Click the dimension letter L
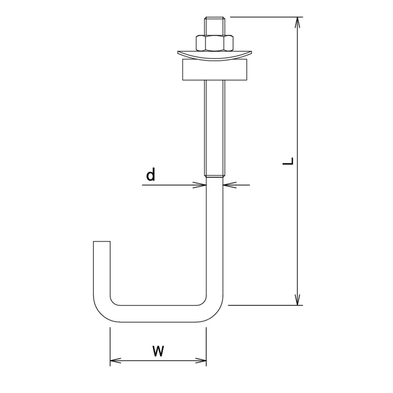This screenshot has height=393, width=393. (x=288, y=161)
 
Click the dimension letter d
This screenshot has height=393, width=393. (x=151, y=174)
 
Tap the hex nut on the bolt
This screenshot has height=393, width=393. (x=214, y=43)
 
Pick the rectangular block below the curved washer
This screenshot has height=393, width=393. (x=215, y=70)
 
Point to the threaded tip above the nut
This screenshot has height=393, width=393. (x=215, y=26)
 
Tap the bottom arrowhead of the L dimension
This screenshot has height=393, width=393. (x=298, y=300)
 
